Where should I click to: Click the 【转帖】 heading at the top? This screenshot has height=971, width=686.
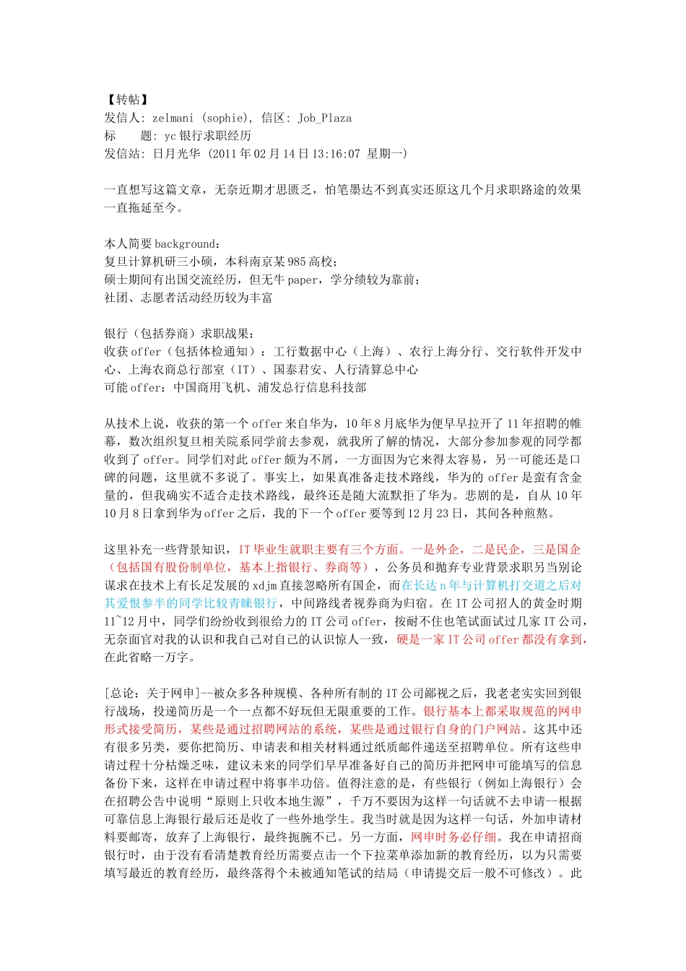[x=126, y=100]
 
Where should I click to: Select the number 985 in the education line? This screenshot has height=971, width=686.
[x=296, y=262]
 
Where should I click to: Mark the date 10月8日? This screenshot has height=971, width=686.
[x=136, y=513]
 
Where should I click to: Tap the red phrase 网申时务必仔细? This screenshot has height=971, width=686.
[x=453, y=837]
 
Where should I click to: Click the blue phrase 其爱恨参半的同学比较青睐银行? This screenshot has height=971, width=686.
[x=191, y=603]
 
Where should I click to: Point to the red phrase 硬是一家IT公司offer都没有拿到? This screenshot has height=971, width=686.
[x=492, y=639]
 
